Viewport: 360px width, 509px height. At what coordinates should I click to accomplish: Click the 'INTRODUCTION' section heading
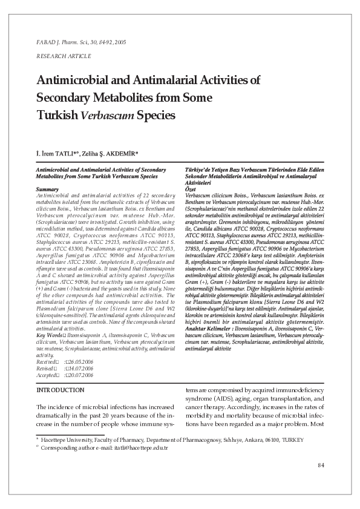(x=61, y=390)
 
